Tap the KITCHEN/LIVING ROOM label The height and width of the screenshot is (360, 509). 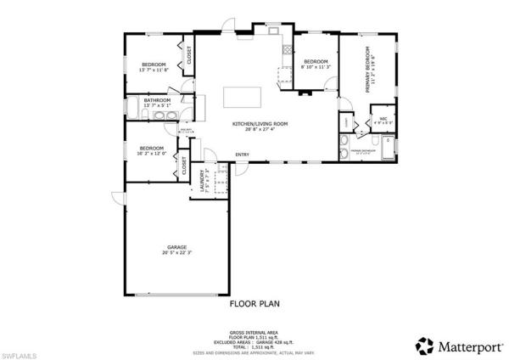260,124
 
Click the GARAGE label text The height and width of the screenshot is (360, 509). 176,247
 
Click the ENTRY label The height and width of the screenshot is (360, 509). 243,155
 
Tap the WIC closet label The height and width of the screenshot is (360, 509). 383,119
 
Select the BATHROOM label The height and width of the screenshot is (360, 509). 157,101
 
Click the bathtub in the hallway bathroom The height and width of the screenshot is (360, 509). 136,107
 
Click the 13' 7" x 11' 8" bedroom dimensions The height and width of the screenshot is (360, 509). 154,71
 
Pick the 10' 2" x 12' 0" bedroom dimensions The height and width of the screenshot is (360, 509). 152,152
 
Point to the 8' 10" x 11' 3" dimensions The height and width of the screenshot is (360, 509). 316,68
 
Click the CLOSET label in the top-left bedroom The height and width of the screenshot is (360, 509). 188,57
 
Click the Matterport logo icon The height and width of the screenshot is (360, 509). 422,346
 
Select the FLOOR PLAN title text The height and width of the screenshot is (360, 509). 255,302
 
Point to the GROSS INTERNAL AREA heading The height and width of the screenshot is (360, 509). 255,333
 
